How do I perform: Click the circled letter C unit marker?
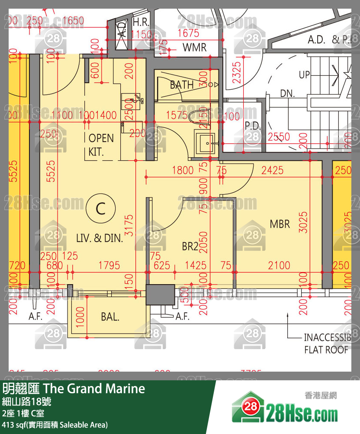click(100, 210)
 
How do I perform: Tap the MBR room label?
click(280, 224)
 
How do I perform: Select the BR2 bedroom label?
click(190, 246)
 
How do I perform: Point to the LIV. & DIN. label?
click(100, 238)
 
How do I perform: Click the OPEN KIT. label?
click(101, 145)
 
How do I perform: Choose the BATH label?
click(182, 85)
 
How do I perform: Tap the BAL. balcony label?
click(110, 317)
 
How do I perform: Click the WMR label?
click(195, 47)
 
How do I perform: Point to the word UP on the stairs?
click(305, 74)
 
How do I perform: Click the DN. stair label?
click(287, 94)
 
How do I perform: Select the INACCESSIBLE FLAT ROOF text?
click(326, 343)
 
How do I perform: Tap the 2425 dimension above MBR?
click(273, 170)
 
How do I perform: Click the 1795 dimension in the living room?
click(109, 265)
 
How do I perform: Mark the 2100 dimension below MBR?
click(279, 265)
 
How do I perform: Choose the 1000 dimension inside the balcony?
click(80, 317)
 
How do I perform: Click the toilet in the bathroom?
click(203, 117)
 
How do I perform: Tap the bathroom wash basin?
click(207, 143)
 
